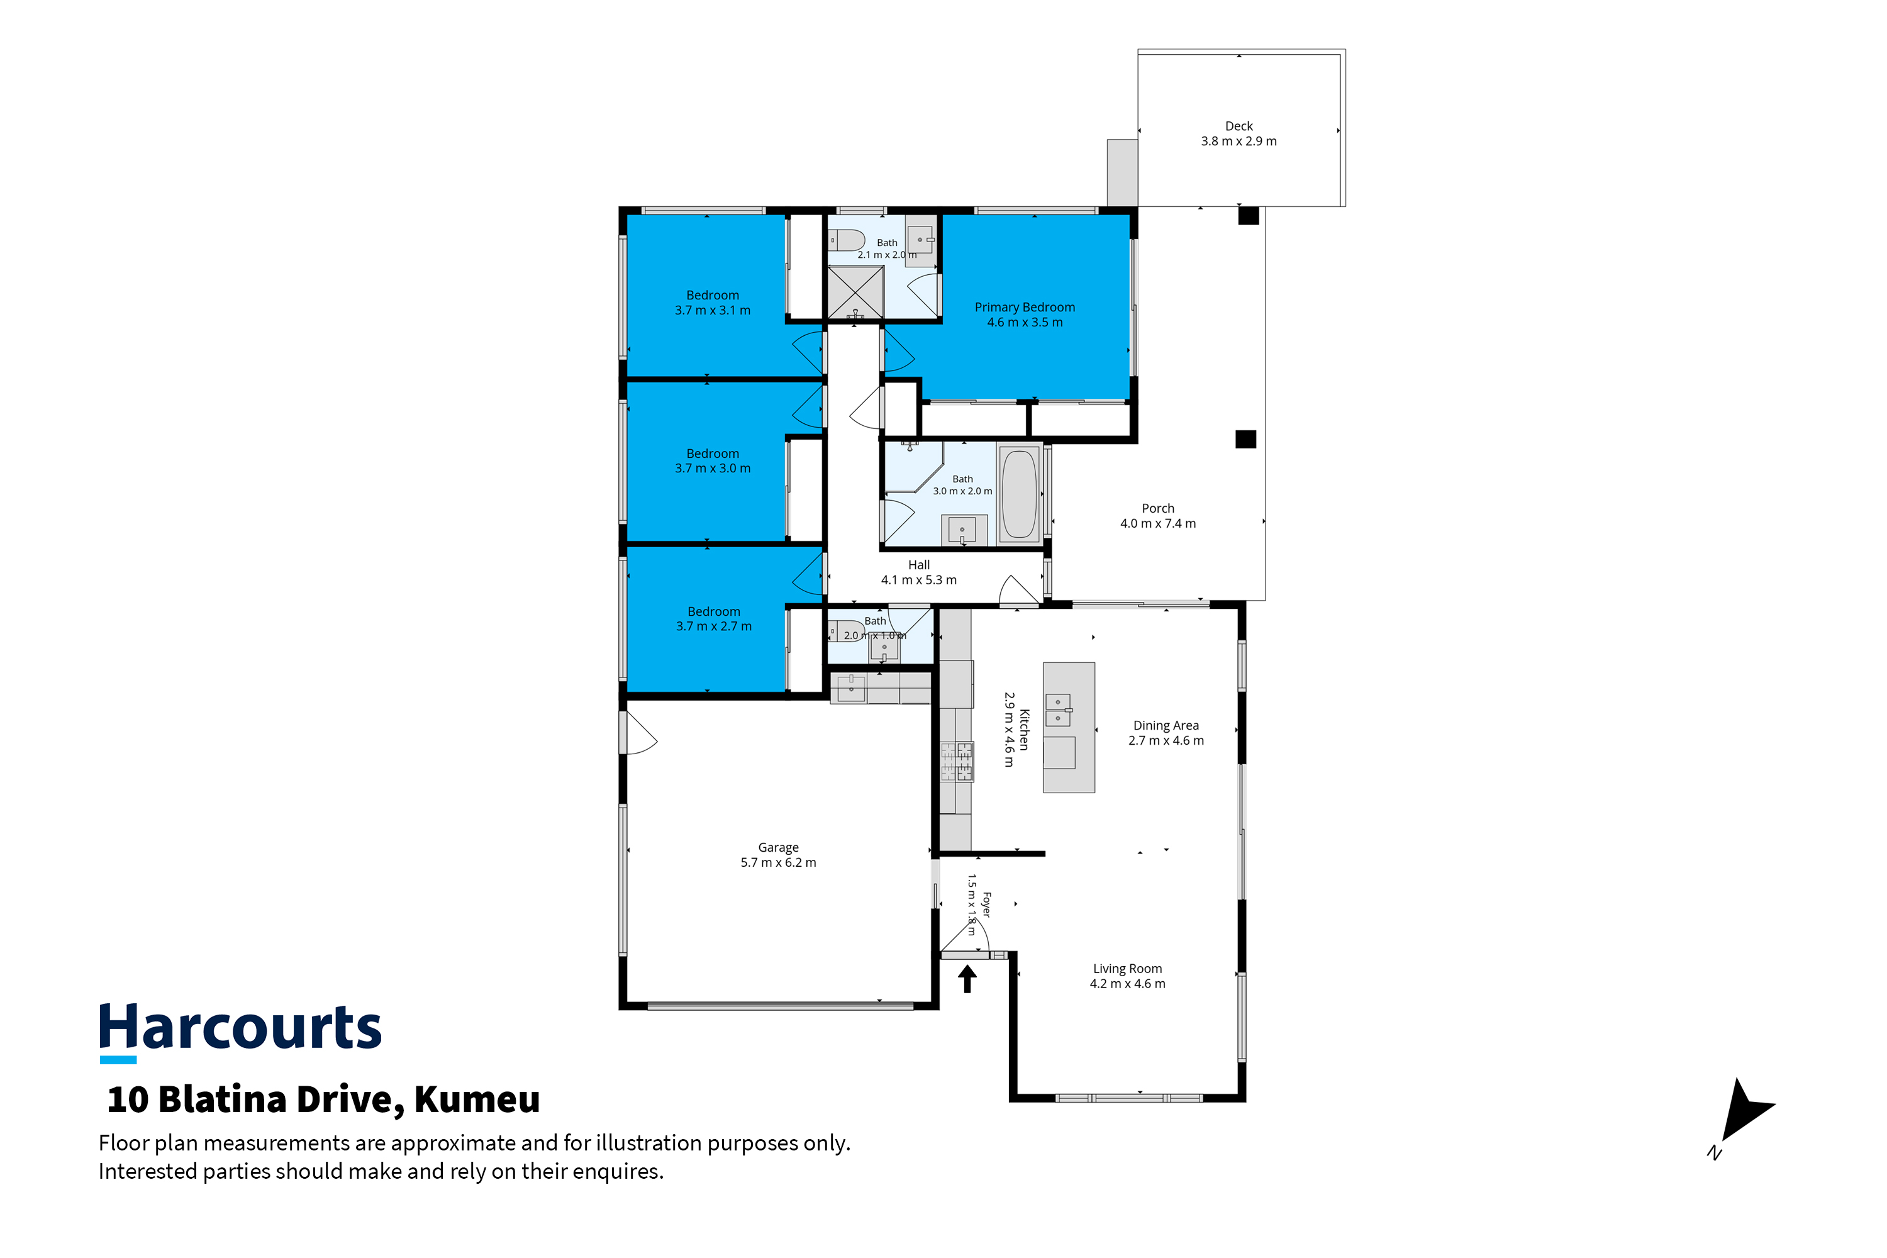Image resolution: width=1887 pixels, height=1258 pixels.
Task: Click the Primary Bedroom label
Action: (x=1025, y=308)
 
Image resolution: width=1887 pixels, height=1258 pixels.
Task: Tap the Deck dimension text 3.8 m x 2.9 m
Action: (x=1239, y=141)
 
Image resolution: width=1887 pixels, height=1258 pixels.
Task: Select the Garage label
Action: (x=778, y=847)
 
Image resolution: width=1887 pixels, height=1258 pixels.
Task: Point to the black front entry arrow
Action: (x=967, y=979)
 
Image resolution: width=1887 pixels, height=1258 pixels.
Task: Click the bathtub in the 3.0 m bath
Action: (x=1020, y=494)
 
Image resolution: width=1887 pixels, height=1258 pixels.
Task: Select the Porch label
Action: (x=1158, y=509)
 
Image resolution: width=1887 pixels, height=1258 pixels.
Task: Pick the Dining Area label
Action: (x=1166, y=725)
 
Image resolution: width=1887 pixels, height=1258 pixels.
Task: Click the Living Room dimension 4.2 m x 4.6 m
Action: (x=1127, y=984)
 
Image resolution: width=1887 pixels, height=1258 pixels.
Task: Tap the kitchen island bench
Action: (x=1069, y=728)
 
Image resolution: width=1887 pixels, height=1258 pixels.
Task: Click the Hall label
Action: (x=918, y=565)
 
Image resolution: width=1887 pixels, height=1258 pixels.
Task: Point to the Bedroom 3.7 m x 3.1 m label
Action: (x=713, y=303)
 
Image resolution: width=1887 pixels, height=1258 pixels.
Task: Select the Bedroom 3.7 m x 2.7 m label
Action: (x=714, y=618)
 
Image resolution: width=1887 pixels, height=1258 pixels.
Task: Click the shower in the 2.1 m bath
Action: (x=855, y=292)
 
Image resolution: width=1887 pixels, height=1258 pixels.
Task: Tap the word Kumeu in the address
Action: (x=477, y=1099)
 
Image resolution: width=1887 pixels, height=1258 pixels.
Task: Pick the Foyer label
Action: (x=986, y=905)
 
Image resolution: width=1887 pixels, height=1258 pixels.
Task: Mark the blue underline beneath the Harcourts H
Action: (x=118, y=1060)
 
